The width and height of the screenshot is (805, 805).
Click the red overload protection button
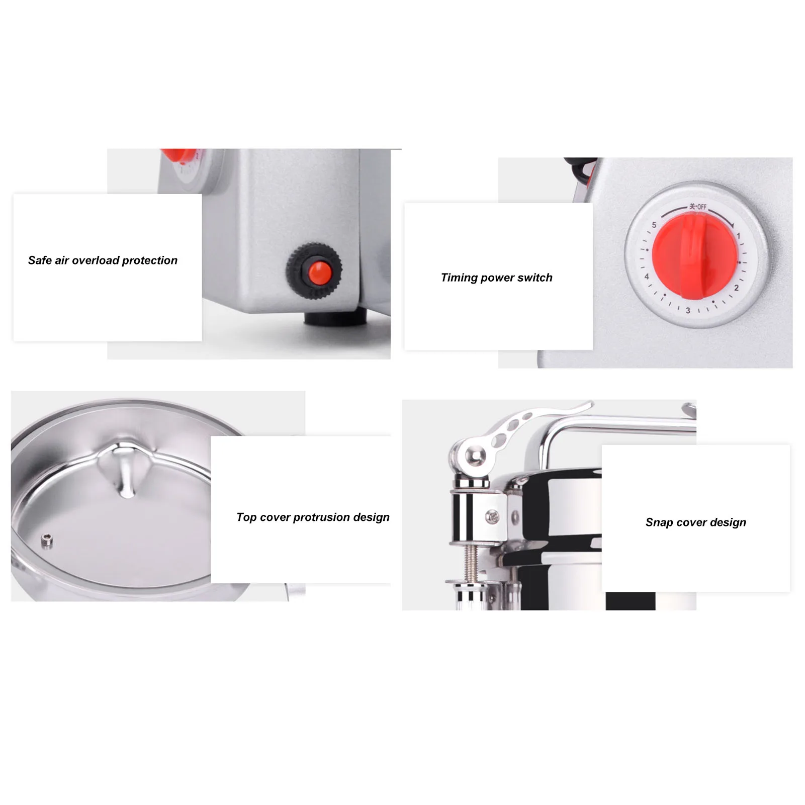click(x=319, y=273)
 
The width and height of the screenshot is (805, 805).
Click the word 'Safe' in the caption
click(x=40, y=260)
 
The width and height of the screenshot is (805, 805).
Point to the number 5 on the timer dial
click(x=654, y=225)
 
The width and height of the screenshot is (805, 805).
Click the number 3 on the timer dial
click(x=688, y=310)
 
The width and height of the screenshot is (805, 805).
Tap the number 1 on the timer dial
click(x=738, y=235)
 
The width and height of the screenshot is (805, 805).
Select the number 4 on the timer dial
click(x=647, y=277)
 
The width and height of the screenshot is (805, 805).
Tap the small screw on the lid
click(x=46, y=541)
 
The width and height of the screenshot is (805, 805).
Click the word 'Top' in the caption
click(x=246, y=517)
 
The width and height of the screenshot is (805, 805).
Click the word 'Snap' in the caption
click(x=659, y=522)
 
